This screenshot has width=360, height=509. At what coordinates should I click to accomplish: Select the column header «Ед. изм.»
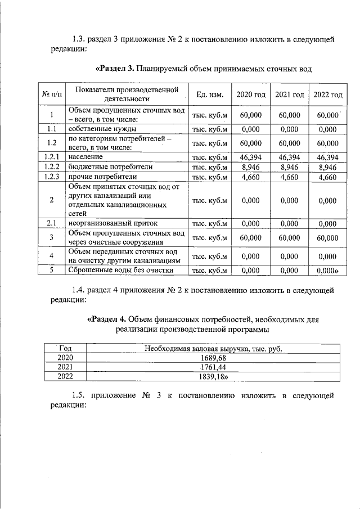click(208, 94)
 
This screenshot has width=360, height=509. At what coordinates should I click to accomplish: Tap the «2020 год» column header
click(250, 94)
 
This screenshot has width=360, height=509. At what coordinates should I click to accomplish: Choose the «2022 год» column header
click(328, 94)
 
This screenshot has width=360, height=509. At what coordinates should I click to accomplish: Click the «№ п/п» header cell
click(51, 94)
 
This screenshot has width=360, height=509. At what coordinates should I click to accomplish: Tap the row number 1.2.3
click(51, 177)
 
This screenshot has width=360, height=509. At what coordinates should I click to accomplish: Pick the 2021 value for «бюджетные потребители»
click(289, 167)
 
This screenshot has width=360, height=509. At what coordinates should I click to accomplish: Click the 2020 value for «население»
click(250, 157)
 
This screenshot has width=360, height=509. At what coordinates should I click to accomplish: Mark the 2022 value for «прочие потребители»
click(328, 177)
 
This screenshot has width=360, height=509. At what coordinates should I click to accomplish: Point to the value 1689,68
click(213, 358)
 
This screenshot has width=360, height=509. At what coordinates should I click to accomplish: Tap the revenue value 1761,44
click(213, 367)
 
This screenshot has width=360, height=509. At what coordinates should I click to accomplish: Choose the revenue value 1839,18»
click(214, 376)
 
